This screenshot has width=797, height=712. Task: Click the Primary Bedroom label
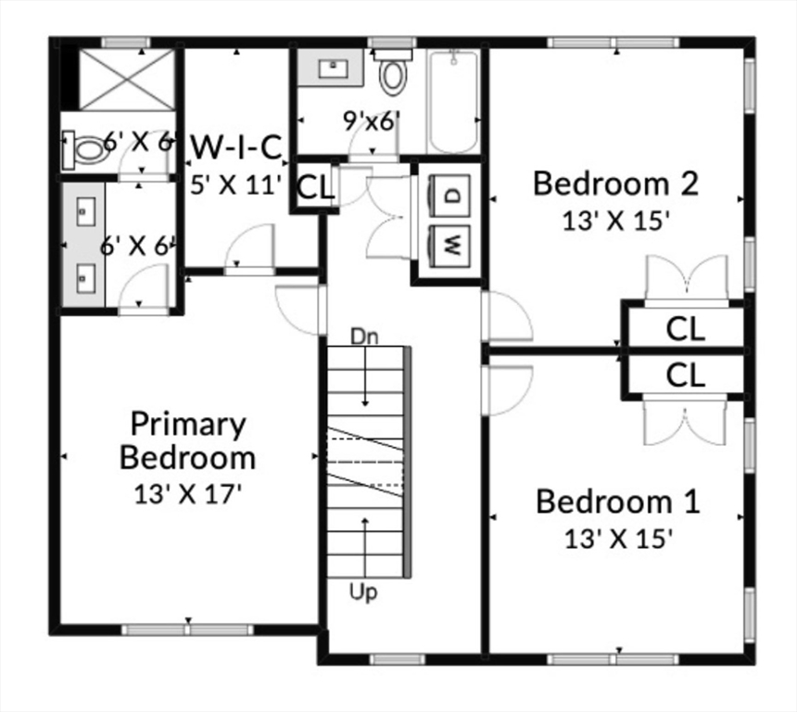(188, 440)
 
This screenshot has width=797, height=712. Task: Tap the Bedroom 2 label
(614, 184)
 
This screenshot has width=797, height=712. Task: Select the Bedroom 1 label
(617, 502)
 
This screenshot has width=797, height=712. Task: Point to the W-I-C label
(235, 147)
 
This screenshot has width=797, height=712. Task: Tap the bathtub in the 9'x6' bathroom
(454, 102)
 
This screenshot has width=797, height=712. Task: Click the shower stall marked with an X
(126, 79)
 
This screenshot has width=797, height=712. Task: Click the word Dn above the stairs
(364, 336)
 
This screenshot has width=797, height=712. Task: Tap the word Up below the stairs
(363, 591)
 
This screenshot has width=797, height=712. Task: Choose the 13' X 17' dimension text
(188, 493)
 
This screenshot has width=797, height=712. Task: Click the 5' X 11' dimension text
(235, 184)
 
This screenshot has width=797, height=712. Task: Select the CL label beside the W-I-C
(315, 187)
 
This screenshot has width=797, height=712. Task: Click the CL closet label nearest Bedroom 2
(686, 328)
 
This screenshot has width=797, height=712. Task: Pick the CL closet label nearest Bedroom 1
(686, 375)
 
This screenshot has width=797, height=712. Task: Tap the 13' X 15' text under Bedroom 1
(617, 538)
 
